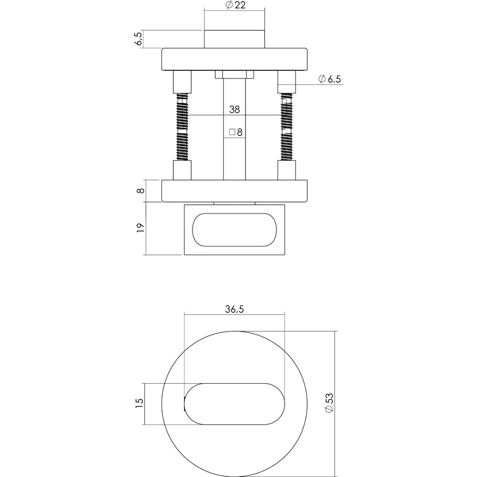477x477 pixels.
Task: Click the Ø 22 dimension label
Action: (236, 5)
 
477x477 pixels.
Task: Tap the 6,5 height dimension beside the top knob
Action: (139, 39)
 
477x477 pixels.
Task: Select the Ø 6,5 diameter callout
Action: (329, 79)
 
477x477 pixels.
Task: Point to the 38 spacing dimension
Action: (234, 110)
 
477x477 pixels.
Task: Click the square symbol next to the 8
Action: (232, 132)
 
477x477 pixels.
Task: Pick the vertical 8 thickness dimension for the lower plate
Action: (141, 191)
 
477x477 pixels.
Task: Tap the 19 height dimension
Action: (140, 228)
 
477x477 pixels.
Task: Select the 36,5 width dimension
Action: (234, 309)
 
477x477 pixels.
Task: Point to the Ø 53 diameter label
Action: (329, 403)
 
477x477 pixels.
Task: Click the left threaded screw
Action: (182, 127)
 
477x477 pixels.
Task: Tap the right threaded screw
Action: (286, 127)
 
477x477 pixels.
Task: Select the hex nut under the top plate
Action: (234, 75)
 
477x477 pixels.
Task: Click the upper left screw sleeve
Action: (182, 82)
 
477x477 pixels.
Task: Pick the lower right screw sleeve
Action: (286, 170)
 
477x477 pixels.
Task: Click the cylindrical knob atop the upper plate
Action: (234, 39)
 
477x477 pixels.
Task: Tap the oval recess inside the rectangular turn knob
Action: (234, 230)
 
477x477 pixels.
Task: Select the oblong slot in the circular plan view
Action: (234, 404)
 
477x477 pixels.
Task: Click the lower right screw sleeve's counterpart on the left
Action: (182, 170)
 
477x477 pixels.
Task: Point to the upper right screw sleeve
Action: (286, 82)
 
